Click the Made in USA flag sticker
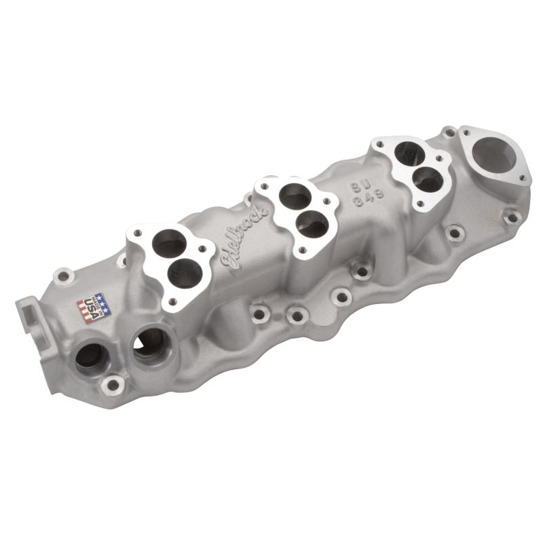point(92,307)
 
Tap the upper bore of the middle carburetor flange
point(296,196)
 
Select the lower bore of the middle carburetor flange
point(312,224)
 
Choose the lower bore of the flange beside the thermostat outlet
point(428,178)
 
